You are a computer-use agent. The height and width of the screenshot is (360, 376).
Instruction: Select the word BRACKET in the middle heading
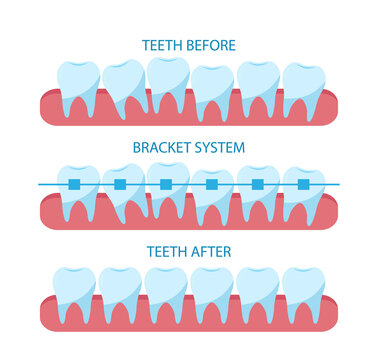point(164,147)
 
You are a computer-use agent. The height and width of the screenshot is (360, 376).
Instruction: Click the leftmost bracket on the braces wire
point(74,184)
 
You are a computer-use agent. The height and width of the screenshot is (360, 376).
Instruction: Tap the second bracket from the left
point(120,184)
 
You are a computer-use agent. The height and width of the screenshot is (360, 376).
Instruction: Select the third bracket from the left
point(166,184)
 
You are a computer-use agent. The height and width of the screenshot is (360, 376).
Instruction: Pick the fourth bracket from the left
point(211,184)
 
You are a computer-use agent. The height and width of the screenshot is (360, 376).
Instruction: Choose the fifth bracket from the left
point(258,184)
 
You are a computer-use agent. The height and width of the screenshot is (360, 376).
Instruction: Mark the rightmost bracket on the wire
point(303,184)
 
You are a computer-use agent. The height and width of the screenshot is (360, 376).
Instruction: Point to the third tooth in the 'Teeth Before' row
point(167,80)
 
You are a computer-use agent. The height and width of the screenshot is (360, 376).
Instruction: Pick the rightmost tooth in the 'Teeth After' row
point(302,290)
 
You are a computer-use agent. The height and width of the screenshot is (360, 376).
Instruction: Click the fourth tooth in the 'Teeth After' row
point(212,290)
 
